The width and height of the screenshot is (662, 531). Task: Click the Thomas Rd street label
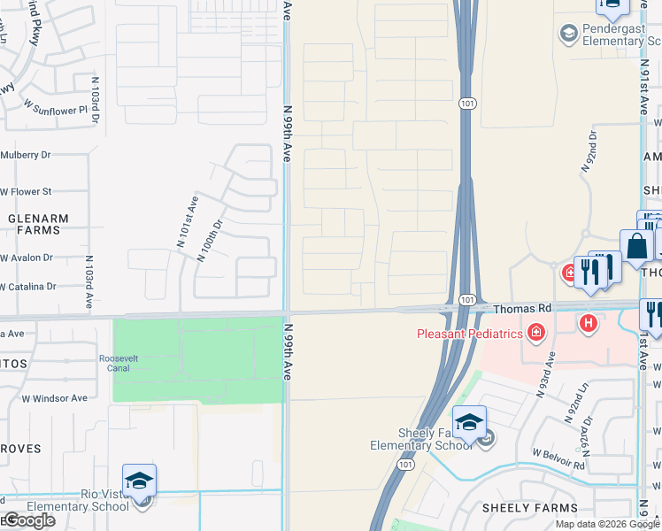pos(522,309)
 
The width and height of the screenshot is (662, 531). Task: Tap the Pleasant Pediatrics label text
pos(471,334)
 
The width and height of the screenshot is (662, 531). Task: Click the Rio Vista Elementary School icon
pos(139,481)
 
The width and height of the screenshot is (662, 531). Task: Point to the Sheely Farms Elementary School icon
pos(469,422)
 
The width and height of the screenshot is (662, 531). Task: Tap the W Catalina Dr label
pos(28,287)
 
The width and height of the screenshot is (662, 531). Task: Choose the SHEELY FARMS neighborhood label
pos(529,509)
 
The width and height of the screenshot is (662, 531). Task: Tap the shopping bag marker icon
pos(636,248)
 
